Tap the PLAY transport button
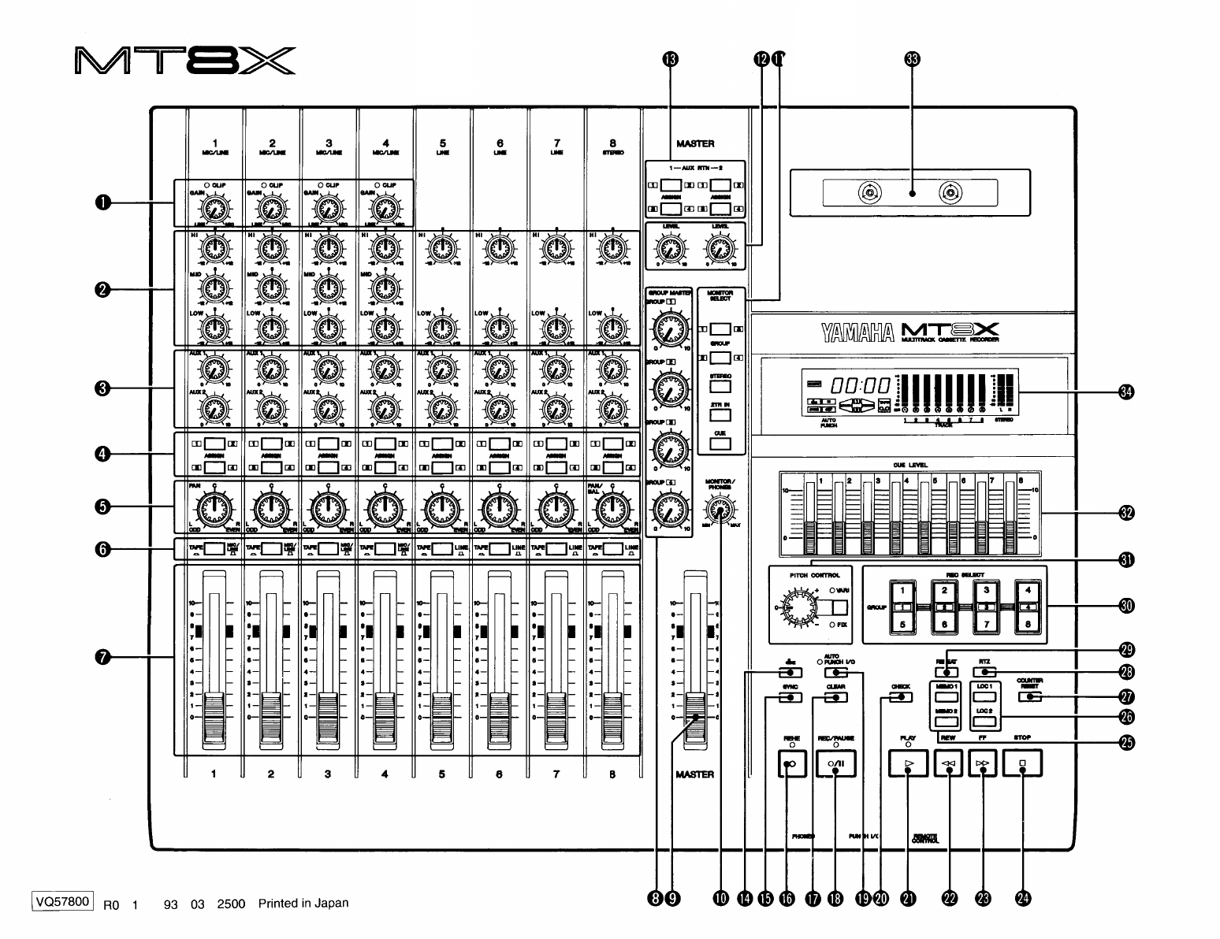coord(908,763)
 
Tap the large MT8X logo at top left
coord(185,61)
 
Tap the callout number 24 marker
coord(1024,899)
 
